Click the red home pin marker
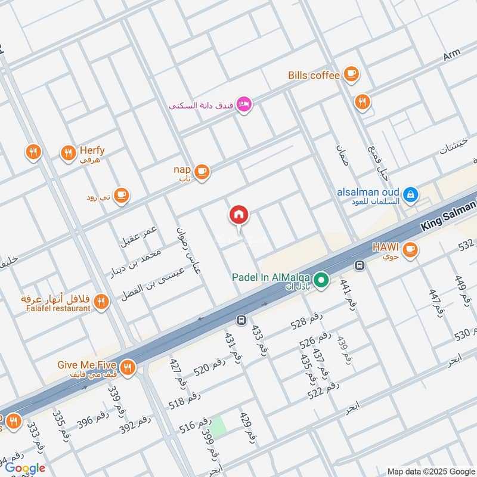click(239, 215)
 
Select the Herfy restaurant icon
click(68, 154)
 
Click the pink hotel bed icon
click(244, 105)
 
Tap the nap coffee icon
click(202, 172)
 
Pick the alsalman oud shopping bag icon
click(410, 194)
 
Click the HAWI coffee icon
click(410, 251)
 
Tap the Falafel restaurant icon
click(101, 302)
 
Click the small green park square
click(219, 425)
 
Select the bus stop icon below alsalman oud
click(360, 265)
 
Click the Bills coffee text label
click(314, 75)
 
